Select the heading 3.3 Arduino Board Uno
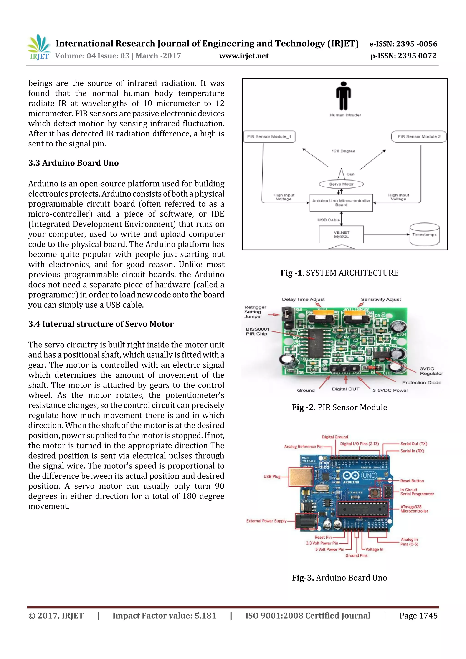pyautogui.click(x=73, y=163)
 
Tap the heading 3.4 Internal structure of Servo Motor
pyautogui.click(x=101, y=324)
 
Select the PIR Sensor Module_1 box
pyautogui.click(x=269, y=137)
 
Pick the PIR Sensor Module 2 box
pyautogui.click(x=419, y=137)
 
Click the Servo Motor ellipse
pyautogui.click(x=341, y=184)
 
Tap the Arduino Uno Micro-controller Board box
pyautogui.click(x=341, y=203)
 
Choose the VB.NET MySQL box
pyautogui.click(x=341, y=235)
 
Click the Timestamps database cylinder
pyautogui.click(x=424, y=235)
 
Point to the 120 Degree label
pyautogui.click(x=343, y=151)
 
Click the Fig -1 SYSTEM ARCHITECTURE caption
pyautogui.click(x=339, y=273)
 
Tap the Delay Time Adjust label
pyautogui.click(x=303, y=299)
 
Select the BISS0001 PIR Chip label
pyautogui.click(x=257, y=331)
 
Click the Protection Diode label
pyautogui.click(x=421, y=383)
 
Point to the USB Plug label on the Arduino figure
pyautogui.click(x=272, y=477)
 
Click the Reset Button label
pyautogui.click(x=412, y=481)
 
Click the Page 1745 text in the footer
pyautogui.click(x=418, y=616)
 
